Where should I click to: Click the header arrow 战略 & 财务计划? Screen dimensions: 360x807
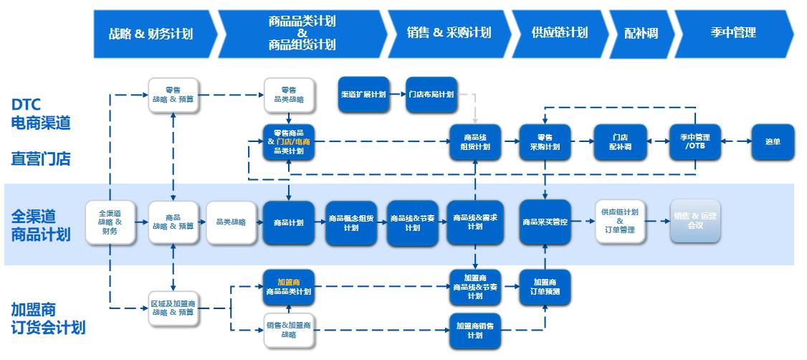coord(151,33)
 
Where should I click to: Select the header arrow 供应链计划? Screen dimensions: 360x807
coord(559,33)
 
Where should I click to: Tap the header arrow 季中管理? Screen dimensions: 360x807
coord(732,33)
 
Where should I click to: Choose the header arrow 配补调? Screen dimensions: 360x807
coord(640,33)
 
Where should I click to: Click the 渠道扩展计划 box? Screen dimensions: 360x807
coord(363,95)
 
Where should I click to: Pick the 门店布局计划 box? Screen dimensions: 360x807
coord(431,95)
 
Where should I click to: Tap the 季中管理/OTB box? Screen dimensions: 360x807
coord(694,142)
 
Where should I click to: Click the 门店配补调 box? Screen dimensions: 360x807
coord(620,142)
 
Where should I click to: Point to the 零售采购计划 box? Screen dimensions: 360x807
coord(545,142)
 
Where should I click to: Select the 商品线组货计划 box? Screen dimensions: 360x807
coord(475,142)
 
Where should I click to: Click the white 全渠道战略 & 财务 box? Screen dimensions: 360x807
coord(110,222)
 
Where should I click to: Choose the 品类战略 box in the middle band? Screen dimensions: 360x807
coord(231,222)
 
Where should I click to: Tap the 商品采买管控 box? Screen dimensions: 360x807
coord(545,222)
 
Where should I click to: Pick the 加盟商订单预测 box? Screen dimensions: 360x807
coord(545,288)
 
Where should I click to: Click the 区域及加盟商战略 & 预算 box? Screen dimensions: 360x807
coord(173,308)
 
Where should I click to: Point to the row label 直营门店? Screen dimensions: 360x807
coord(41,159)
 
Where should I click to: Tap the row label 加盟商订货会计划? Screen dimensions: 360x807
coord(47,318)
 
